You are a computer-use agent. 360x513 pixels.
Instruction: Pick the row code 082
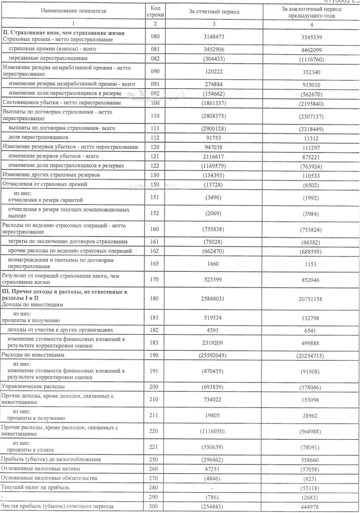[153, 59]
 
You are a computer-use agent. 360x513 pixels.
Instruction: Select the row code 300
[153, 507]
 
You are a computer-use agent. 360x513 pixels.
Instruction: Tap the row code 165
[153, 264]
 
